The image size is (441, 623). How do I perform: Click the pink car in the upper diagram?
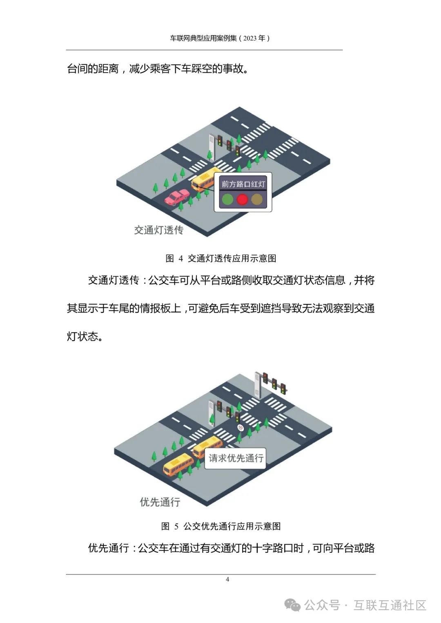[177, 198]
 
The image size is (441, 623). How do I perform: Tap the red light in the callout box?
[243, 200]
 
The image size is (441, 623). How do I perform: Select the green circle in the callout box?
[228, 200]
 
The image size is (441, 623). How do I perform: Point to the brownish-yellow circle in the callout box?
[257, 200]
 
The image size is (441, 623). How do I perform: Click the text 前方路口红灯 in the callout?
[243, 184]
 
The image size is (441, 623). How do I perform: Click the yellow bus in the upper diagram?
[204, 179]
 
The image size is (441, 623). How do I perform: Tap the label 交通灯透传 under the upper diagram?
[159, 230]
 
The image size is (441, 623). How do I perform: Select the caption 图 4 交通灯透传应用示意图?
[221, 258]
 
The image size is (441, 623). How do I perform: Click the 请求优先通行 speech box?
[236, 458]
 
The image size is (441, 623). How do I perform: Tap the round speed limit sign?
[241, 428]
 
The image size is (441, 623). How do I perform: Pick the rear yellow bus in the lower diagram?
[178, 465]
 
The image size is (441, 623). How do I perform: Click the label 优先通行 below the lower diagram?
[160, 502]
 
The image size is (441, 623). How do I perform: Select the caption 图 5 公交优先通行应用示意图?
[221, 526]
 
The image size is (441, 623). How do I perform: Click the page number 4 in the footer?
[227, 579]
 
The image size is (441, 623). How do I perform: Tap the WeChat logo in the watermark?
[292, 605]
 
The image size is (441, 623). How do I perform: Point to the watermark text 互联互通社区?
[390, 605]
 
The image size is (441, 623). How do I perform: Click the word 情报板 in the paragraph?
[160, 308]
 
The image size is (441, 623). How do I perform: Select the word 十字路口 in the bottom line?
[278, 548]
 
